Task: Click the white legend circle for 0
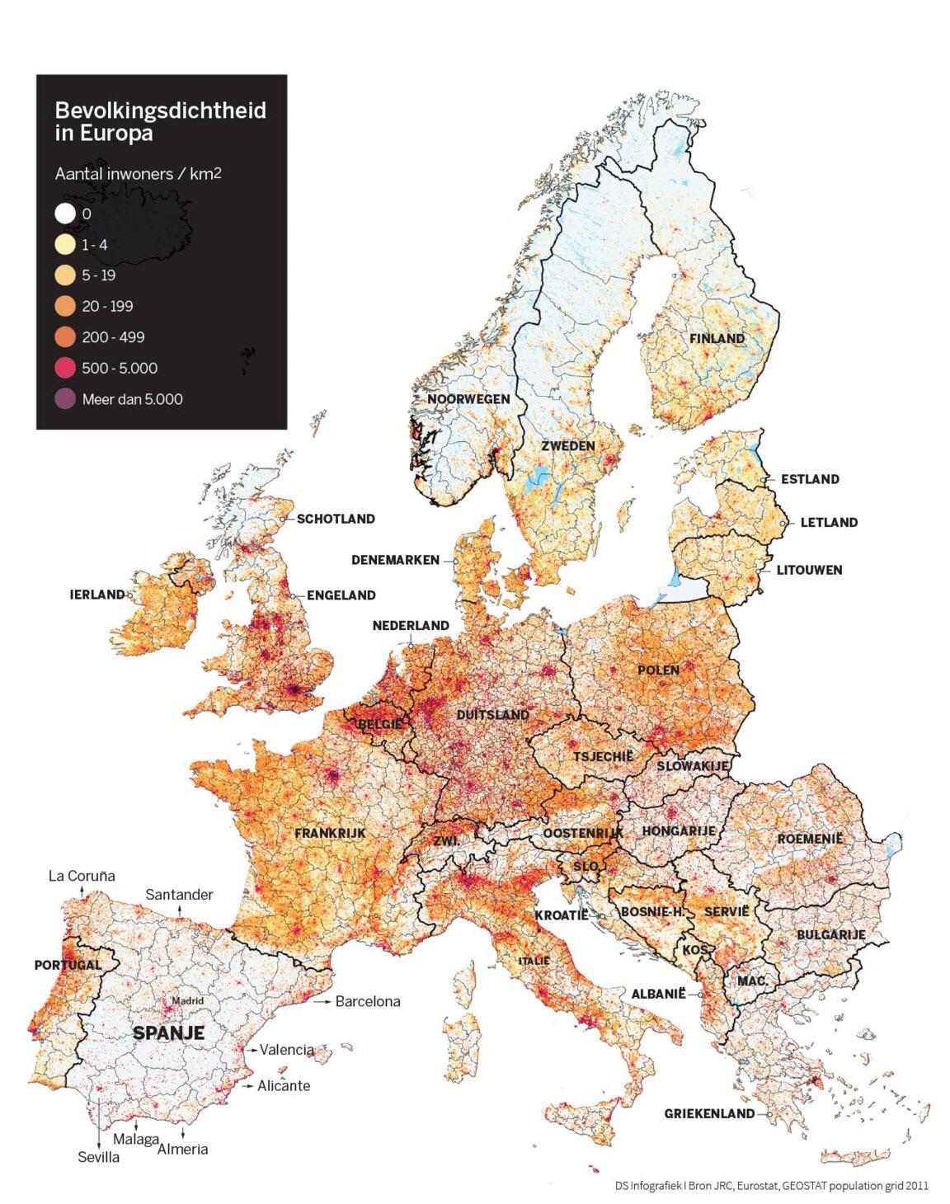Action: point(65,214)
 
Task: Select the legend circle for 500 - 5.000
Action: point(65,369)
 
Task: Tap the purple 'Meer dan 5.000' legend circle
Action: point(65,400)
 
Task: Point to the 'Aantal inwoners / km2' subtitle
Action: point(138,174)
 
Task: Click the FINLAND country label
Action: point(717,338)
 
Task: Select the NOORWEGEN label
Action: point(468,399)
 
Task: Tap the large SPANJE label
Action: point(168,1032)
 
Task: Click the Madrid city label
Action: point(187,1001)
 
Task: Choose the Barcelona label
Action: point(367,1001)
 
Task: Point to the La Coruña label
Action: point(82,876)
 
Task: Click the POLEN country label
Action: point(658,670)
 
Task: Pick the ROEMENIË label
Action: point(811,839)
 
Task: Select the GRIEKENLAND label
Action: point(709,1113)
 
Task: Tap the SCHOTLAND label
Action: point(336,519)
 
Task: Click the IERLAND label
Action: point(96,595)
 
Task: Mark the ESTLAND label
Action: point(810,479)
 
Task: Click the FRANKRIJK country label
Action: point(330,833)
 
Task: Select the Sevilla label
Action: point(99,1157)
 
